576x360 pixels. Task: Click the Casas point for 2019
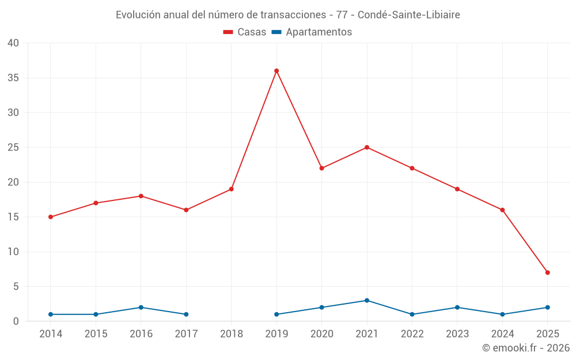276,71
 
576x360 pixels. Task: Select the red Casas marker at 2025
547,272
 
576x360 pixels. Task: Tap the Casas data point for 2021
367,147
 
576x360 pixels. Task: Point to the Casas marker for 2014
51,217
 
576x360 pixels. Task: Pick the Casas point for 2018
232,189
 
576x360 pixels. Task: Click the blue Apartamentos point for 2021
367,301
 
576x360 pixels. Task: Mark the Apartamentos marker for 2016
141,308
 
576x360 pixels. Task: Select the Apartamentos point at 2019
276,314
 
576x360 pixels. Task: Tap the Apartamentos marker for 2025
547,308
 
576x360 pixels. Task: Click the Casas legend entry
245,32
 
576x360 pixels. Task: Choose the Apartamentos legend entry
312,32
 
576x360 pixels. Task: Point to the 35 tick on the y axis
13,78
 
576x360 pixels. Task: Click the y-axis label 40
13,43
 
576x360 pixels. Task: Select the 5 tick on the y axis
16,286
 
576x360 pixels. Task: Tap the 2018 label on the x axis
232,334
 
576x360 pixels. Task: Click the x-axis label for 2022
412,334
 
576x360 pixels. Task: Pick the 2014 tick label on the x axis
51,334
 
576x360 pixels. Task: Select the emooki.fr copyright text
526,348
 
